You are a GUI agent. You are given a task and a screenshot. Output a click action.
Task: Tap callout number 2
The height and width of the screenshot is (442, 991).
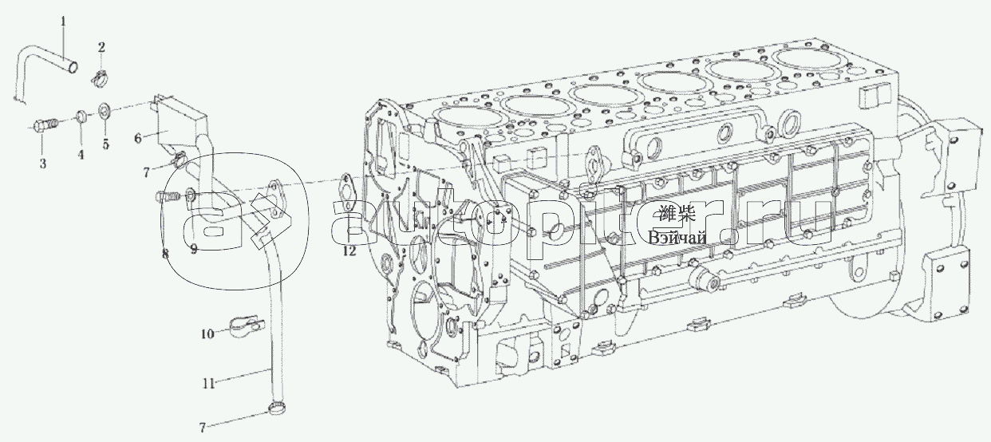click(x=101, y=47)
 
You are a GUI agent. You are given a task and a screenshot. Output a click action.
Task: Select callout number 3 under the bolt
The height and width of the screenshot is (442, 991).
click(x=43, y=163)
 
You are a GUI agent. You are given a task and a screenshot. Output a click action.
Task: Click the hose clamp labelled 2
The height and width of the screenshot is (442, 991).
click(x=101, y=77)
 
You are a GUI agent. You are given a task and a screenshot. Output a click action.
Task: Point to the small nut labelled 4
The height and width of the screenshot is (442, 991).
click(x=81, y=119)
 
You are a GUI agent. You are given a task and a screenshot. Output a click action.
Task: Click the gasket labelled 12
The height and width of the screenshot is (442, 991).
click(x=348, y=189)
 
